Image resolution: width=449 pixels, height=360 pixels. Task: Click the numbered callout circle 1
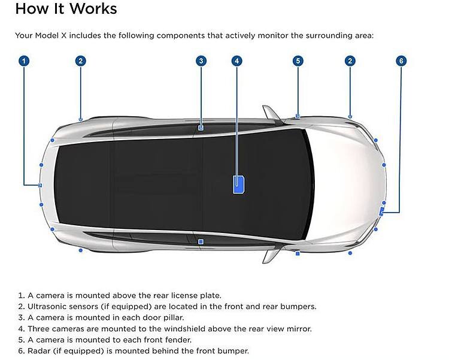24,60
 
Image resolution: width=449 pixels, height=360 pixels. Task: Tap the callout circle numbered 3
201,60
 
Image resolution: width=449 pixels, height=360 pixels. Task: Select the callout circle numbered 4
238,60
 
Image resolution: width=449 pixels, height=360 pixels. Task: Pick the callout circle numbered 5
298,60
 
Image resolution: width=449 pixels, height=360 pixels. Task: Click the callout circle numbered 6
401,60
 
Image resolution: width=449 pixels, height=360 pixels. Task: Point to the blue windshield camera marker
238,184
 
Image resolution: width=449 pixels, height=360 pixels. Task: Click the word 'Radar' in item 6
40,350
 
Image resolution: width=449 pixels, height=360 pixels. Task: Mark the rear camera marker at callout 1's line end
40,185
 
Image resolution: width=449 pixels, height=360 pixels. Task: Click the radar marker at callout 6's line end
381,210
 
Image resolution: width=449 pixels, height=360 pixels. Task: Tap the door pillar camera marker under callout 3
201,128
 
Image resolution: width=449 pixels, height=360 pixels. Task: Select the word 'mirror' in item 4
299,328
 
